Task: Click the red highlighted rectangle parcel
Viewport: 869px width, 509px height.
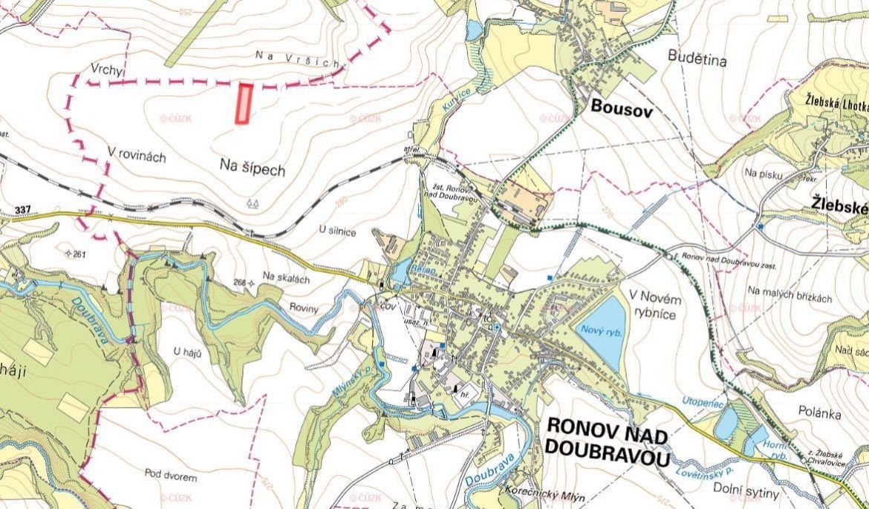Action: [244, 103]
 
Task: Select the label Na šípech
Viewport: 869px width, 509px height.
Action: [253, 169]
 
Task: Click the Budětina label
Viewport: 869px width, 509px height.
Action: [697, 56]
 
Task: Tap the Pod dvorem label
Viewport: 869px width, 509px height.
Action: [171, 473]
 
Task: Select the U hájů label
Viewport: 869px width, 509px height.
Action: [188, 350]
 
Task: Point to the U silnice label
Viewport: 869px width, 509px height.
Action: [337, 232]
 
